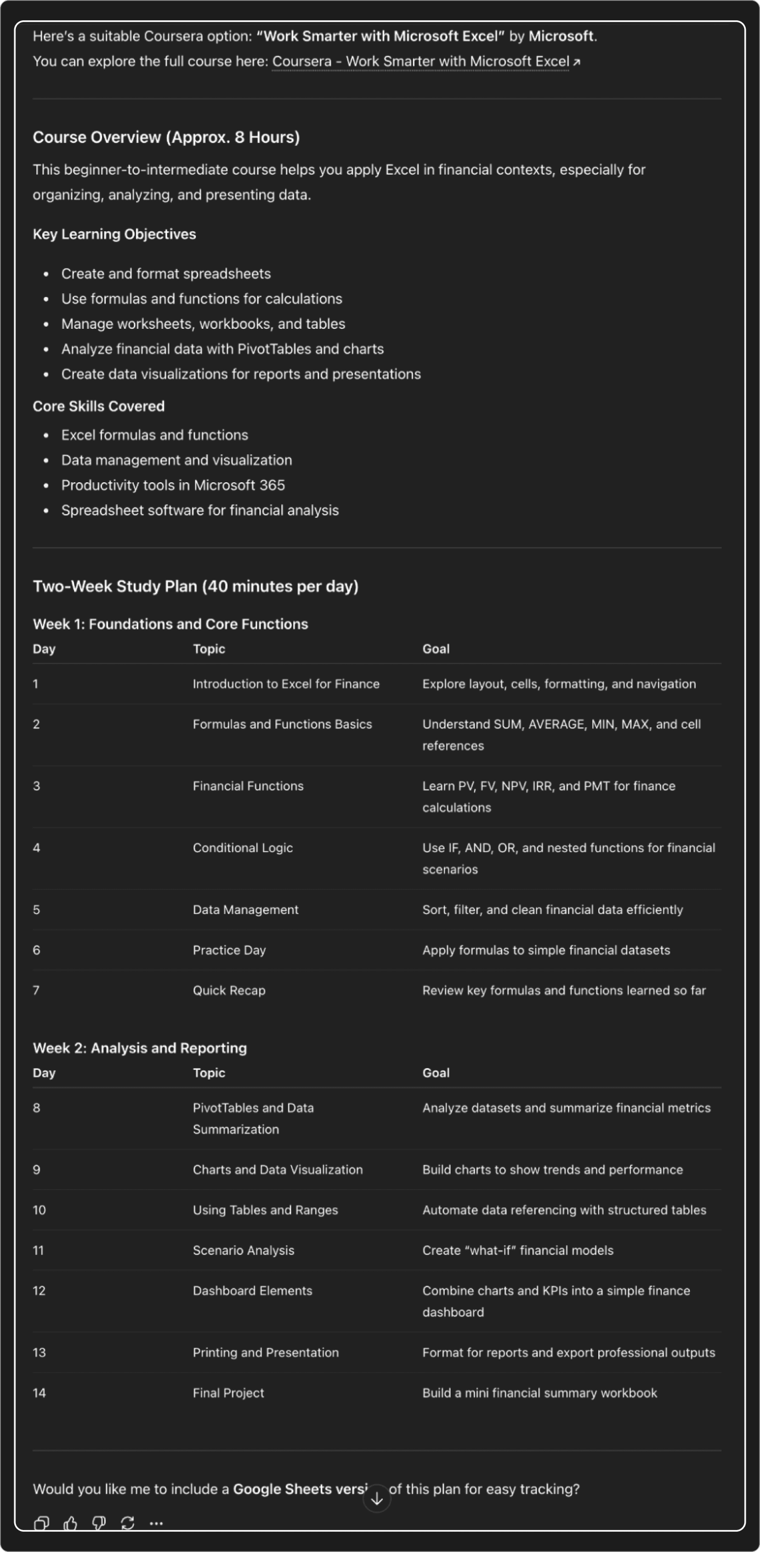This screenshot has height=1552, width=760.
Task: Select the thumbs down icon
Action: [99, 1523]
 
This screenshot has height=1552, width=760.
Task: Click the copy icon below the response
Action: [41, 1523]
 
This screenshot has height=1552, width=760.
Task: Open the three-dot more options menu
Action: [156, 1523]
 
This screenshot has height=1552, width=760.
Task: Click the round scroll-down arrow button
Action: [377, 1498]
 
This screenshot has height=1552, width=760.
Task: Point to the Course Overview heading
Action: [166, 138]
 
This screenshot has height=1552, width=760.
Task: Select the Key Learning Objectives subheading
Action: [115, 235]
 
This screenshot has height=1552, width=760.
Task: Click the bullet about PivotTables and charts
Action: [223, 349]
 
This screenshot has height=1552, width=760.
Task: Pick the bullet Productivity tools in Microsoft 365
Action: [173, 485]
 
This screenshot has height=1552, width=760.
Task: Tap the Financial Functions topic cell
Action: [248, 786]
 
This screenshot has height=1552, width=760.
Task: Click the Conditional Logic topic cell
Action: [243, 848]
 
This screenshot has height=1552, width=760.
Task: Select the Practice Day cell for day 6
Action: [229, 950]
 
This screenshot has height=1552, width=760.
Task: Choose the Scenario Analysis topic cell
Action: [243, 1250]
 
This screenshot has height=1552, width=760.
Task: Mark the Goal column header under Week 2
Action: [436, 1073]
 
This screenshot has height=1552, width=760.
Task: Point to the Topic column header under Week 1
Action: [209, 649]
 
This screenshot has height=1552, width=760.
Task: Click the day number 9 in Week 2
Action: [37, 1170]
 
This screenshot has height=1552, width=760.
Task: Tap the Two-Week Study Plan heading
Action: [196, 586]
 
